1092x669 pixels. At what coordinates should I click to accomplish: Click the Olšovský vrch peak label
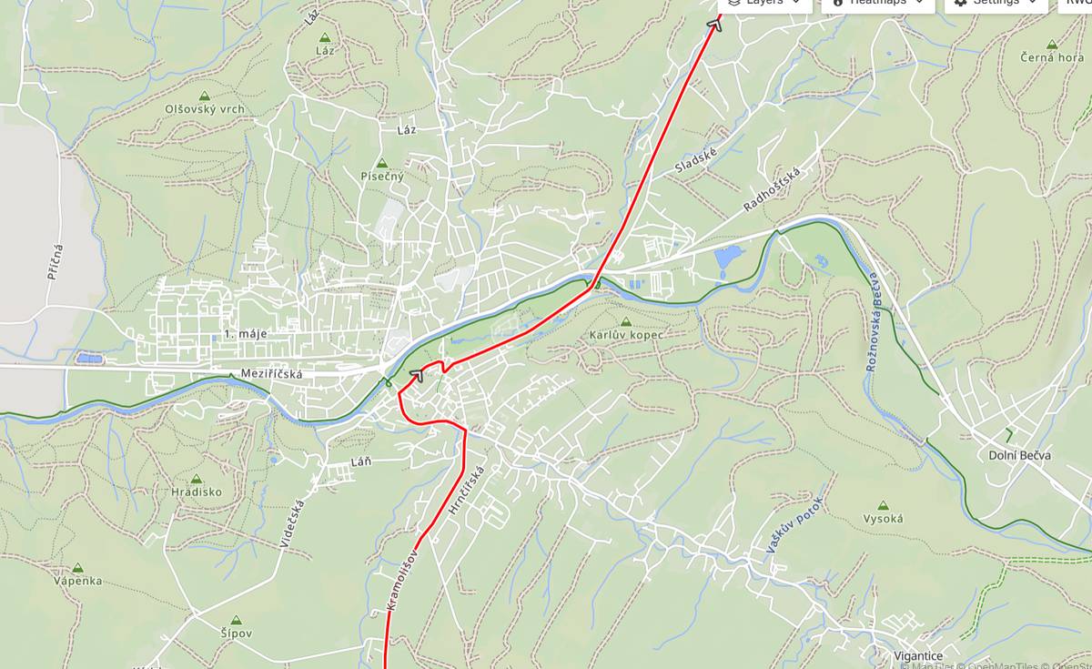point(205,108)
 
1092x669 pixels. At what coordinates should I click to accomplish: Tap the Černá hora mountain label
point(1051,57)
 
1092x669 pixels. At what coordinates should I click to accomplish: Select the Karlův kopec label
point(626,335)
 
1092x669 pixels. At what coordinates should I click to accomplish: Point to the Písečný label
point(382,176)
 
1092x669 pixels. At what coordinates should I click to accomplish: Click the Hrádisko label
point(196,492)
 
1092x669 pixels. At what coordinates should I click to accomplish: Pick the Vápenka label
point(77,581)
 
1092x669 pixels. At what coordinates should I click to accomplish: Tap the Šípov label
point(236,633)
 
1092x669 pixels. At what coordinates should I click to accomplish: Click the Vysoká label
point(883,519)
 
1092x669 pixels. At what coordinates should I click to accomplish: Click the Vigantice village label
point(917,655)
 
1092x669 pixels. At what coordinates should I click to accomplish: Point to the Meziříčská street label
point(271,373)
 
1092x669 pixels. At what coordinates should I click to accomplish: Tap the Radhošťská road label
point(772,189)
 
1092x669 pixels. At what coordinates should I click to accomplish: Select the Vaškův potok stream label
point(794,525)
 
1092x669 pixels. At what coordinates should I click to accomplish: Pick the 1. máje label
point(246,334)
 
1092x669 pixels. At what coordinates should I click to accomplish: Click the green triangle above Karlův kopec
point(625,322)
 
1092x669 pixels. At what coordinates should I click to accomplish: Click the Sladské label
point(696,161)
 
